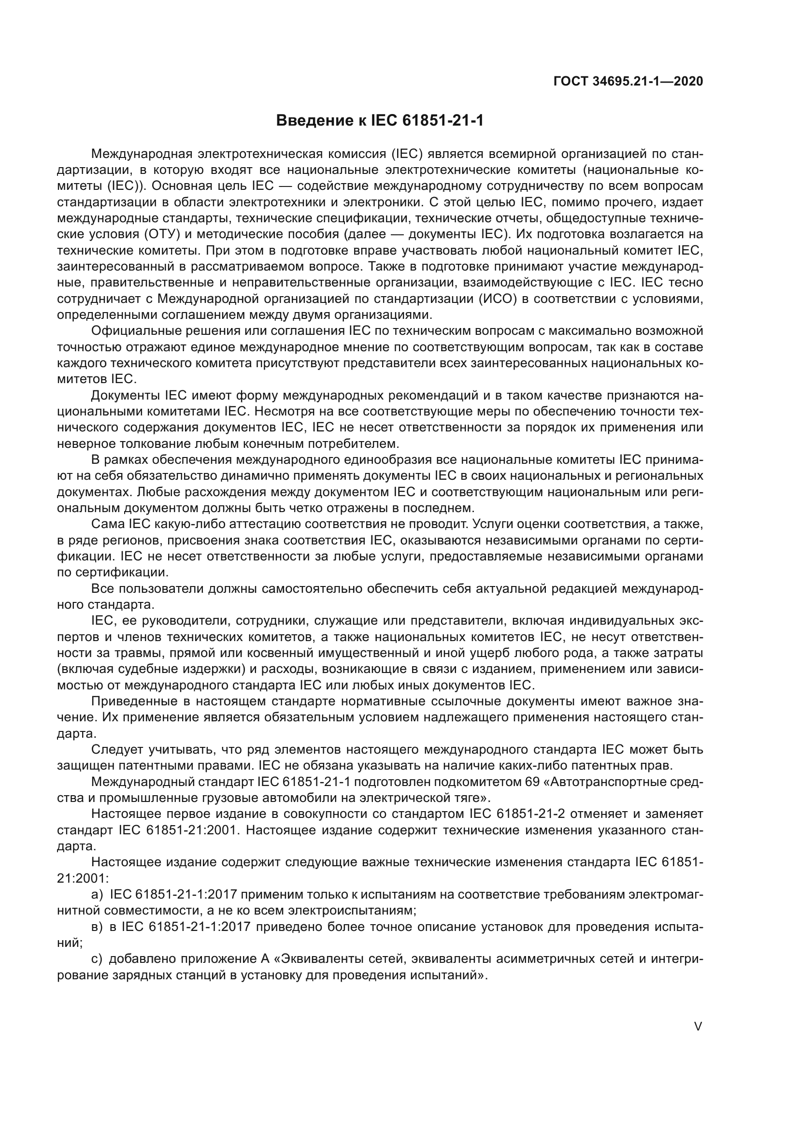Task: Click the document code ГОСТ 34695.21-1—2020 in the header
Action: pos(628,82)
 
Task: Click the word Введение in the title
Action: pos(313,120)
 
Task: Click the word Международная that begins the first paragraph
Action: pos(141,154)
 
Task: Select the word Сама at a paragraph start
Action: pos(107,524)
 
